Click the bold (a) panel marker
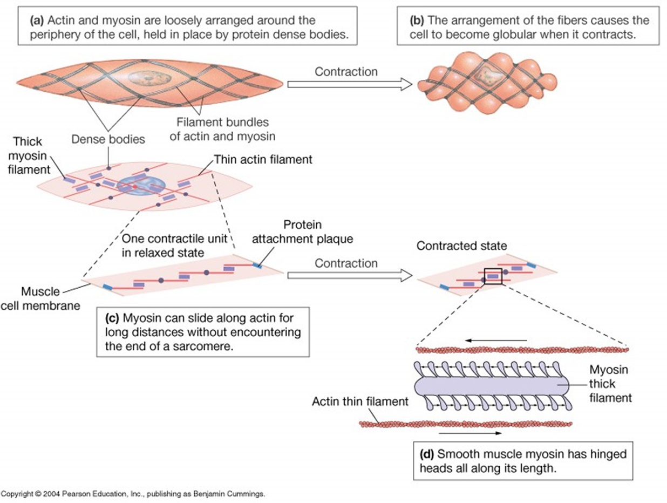point(37,21)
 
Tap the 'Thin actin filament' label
point(263,160)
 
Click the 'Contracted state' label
point(461,246)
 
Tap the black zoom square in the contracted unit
point(493,276)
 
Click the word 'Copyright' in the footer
point(18,494)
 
